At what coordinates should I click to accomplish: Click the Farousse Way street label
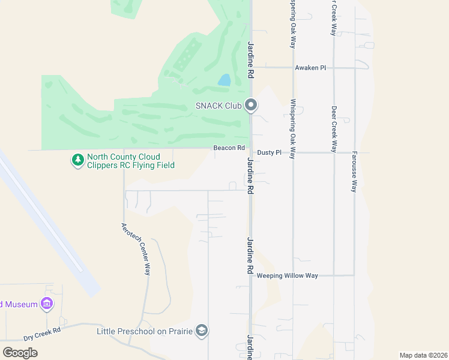pos(354,171)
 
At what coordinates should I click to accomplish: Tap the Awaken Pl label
pos(310,68)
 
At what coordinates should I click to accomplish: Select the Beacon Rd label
pos(229,148)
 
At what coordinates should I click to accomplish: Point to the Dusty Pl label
pos(269,153)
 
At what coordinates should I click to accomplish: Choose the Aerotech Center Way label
pos(135,249)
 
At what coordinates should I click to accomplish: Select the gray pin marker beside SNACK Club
pos(251,106)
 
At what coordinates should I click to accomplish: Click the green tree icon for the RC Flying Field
pos(77,160)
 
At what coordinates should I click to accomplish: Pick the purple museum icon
pos(46,304)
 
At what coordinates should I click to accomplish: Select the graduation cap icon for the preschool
pos(202,331)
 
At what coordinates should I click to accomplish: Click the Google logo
pos(20,352)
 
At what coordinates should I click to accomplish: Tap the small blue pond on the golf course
pos(224,80)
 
